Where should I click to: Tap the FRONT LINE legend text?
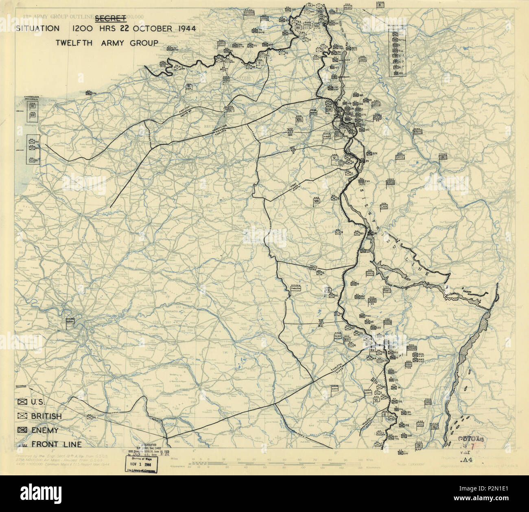point(56,444)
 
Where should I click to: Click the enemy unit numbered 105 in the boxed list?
point(394,73)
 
